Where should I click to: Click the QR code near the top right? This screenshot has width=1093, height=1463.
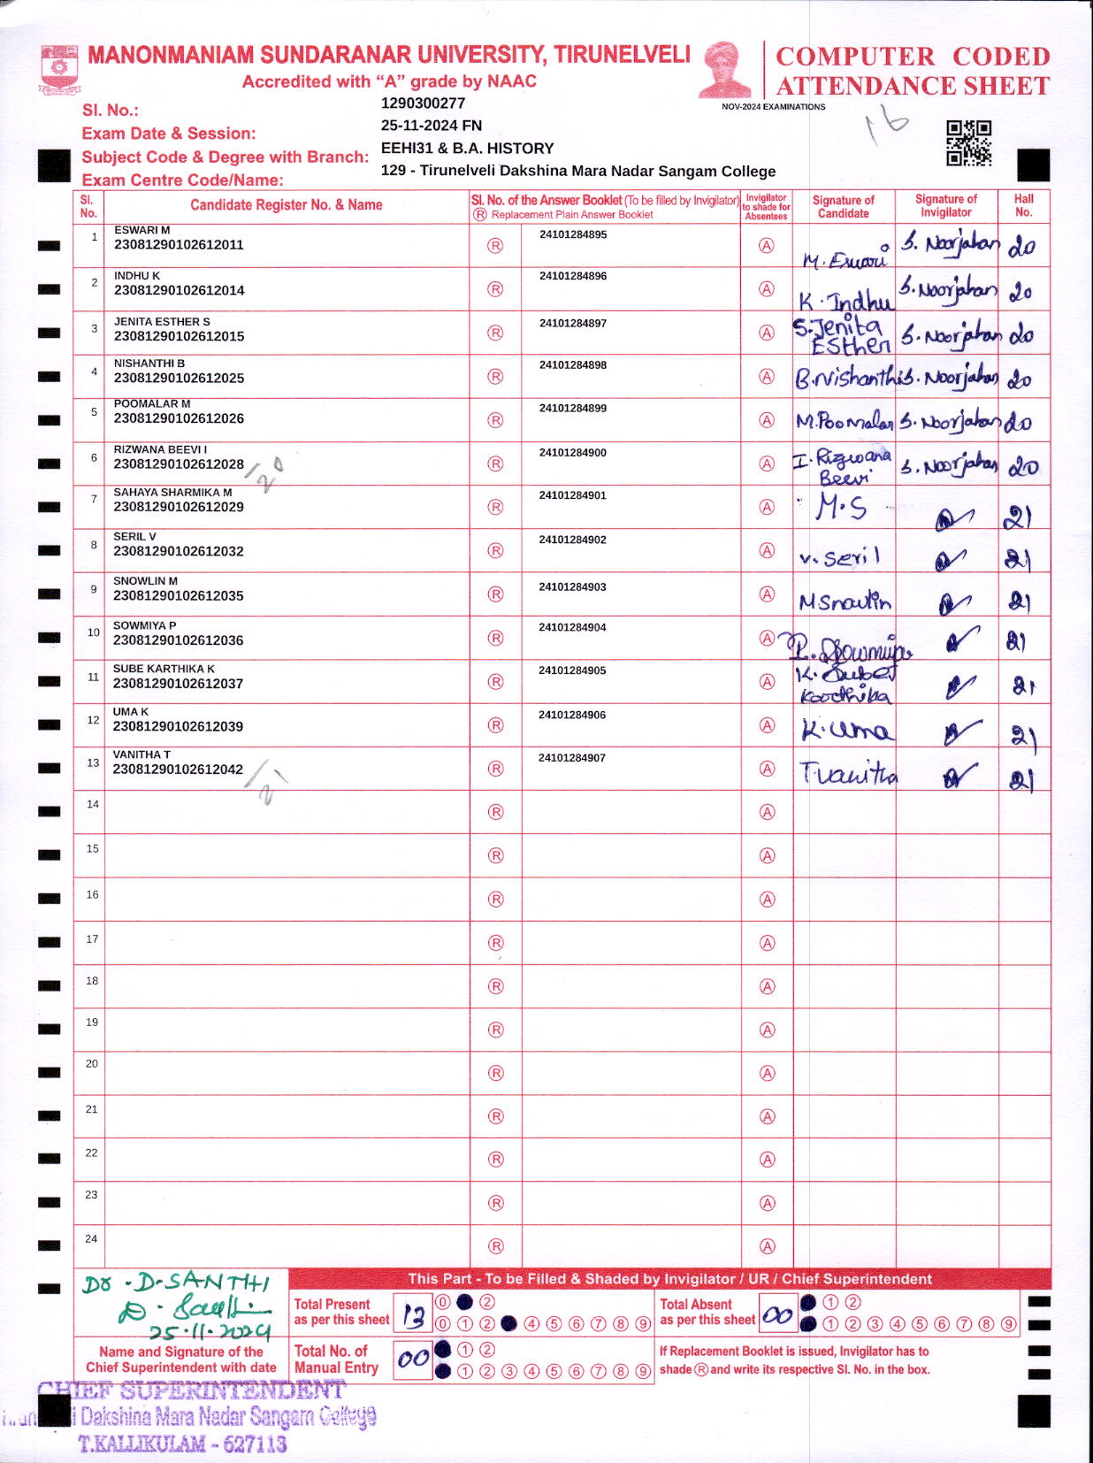pos(968,142)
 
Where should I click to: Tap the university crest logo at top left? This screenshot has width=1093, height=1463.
pos(60,69)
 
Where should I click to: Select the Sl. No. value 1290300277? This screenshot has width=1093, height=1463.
pos(423,103)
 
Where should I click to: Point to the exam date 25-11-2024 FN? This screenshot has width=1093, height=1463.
pos(432,126)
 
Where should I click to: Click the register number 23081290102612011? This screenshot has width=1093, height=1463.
pos(179,245)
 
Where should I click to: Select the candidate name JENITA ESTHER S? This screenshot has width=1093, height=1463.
pos(162,322)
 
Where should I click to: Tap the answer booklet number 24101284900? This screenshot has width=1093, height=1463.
pos(573,453)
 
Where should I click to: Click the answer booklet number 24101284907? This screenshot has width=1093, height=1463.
pos(572,758)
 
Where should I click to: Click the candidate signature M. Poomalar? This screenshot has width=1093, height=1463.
pos(844,422)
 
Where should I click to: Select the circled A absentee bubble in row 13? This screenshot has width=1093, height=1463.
pos(767,769)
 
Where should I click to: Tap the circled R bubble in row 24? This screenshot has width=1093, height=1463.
pos(495,1246)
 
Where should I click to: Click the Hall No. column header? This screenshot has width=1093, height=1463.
pos(1023,205)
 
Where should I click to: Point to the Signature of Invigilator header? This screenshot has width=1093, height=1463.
pos(945,205)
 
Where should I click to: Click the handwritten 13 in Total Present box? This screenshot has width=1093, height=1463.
pos(413,1317)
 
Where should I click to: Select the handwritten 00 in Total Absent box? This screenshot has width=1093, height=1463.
pos(777,1316)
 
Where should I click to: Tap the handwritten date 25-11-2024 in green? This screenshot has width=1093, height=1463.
pos(210,1332)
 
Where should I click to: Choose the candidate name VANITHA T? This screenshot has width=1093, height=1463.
pos(141,754)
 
